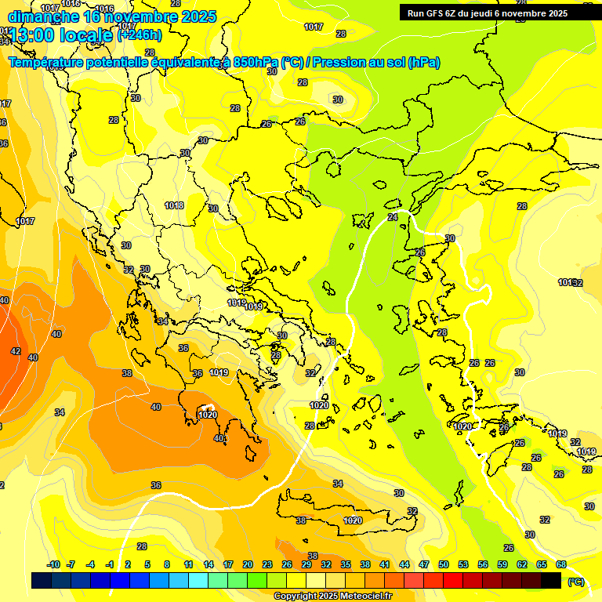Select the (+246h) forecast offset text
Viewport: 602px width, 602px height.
point(140,34)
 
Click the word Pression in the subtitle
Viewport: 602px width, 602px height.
point(346,62)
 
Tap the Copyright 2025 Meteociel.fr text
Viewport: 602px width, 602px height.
point(332,597)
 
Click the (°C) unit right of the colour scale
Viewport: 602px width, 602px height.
point(575,581)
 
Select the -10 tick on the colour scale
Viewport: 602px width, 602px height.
point(53,564)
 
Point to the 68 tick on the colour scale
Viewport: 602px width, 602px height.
point(561,564)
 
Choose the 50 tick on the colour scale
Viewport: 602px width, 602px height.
point(444,564)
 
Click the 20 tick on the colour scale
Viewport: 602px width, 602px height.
point(248,564)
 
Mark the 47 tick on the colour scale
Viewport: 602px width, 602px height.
point(424,564)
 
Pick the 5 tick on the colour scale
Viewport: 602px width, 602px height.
point(148,564)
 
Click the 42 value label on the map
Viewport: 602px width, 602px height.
point(16,351)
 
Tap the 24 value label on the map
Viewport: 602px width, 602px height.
point(393,217)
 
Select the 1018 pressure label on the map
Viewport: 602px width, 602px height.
point(174,205)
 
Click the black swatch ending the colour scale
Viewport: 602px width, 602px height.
point(552,580)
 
